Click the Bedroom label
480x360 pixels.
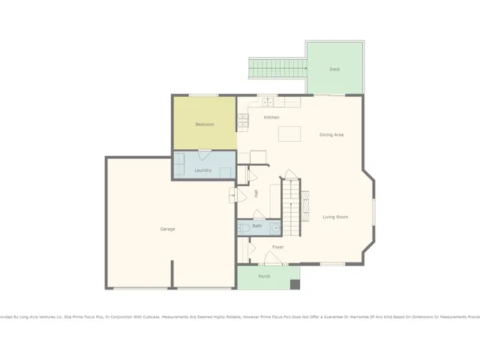tap(205, 124)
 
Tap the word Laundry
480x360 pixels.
tap(202, 170)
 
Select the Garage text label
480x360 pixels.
tap(167, 229)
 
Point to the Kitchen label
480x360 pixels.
tap(271, 118)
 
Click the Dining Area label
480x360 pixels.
tap(331, 135)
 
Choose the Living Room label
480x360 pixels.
tap(335, 217)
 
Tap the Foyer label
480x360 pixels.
tap(277, 247)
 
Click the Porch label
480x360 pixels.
tap(264, 276)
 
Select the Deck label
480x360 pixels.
tap(334, 69)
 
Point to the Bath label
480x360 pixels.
tap(257, 226)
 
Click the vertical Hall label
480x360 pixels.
tap(256, 193)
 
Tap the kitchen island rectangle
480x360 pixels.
tap(289, 134)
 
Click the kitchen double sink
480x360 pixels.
tap(267, 102)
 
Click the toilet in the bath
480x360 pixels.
tap(245, 226)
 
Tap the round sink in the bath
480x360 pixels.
tap(274, 227)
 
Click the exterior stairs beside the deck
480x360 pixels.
tap(277, 69)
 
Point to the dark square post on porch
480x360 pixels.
tap(295, 285)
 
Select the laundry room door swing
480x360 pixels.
tap(203, 154)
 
